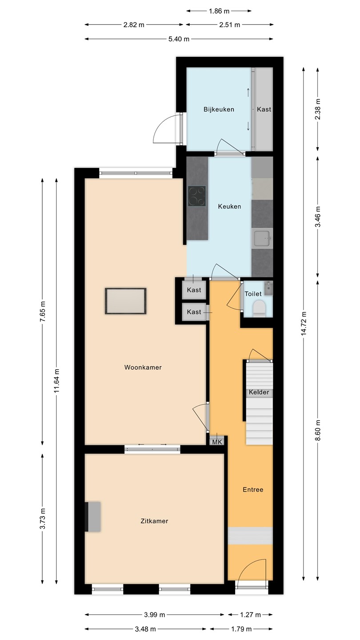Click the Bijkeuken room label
pyautogui.click(x=219, y=109)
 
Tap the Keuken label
pyautogui.click(x=229, y=206)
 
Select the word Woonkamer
pyautogui.click(x=143, y=368)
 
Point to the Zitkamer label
pyautogui.click(x=154, y=521)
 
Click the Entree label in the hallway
pyautogui.click(x=253, y=489)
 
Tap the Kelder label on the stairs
pyautogui.click(x=259, y=392)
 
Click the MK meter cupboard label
pyautogui.click(x=217, y=442)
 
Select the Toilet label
pyautogui.click(x=253, y=294)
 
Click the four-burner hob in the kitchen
pyautogui.click(x=196, y=196)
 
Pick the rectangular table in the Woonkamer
pyautogui.click(x=126, y=301)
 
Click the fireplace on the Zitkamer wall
pyautogui.click(x=93, y=517)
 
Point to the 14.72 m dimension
pyautogui.click(x=304, y=324)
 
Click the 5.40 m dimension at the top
pyautogui.click(x=179, y=39)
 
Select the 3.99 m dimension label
pyautogui.click(x=154, y=615)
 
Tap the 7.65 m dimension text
pyautogui.click(x=43, y=312)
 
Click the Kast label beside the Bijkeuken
pyautogui.click(x=264, y=109)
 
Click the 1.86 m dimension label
pyautogui.click(x=219, y=11)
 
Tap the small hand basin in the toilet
pyautogui.click(x=268, y=288)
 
